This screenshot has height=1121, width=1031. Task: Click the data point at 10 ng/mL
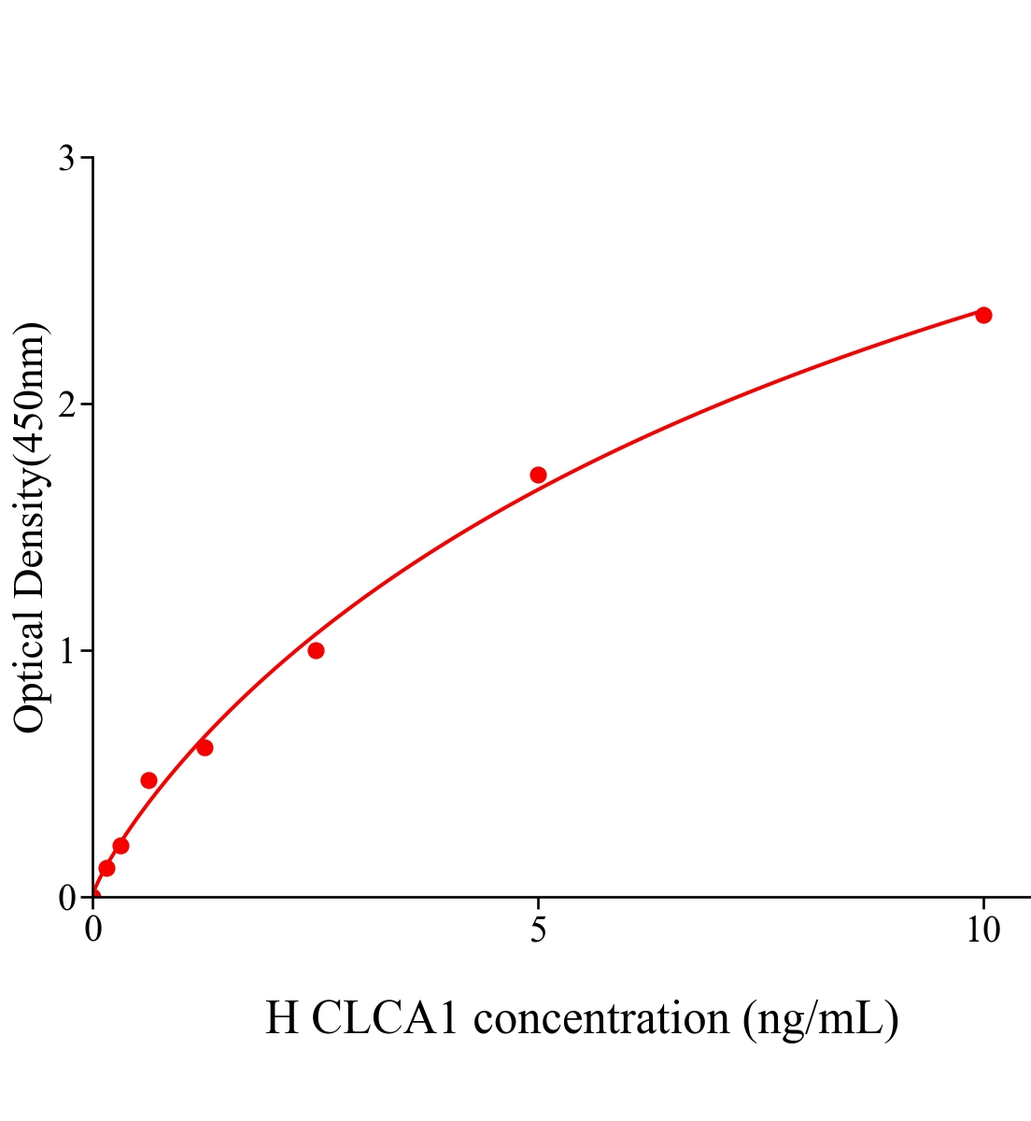coord(982,315)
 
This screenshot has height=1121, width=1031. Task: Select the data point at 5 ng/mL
coord(538,475)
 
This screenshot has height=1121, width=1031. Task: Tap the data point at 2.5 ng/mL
coord(316,650)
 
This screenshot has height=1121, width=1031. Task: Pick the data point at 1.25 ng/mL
coord(205,747)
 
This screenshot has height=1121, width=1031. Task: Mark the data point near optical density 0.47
coord(148,780)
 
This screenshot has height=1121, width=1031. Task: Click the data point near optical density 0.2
coord(120,845)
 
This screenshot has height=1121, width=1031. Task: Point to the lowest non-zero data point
coord(106,868)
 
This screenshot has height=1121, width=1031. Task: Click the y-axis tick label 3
coord(66,159)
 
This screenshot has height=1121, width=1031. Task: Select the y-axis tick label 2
coord(66,404)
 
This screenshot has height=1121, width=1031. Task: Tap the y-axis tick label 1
coord(67,651)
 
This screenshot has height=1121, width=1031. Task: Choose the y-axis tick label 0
coord(66,898)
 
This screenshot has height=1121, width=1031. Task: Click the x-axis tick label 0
coord(93,930)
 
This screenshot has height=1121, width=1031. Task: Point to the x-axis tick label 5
coord(538,930)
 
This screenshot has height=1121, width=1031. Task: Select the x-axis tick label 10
coord(982,930)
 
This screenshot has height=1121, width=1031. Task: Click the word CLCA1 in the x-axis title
coord(385,1018)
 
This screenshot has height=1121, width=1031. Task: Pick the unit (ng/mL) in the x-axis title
coord(820,1018)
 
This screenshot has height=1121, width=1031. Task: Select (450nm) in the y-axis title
coord(30,393)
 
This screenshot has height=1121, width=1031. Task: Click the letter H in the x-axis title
coord(281,1018)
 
